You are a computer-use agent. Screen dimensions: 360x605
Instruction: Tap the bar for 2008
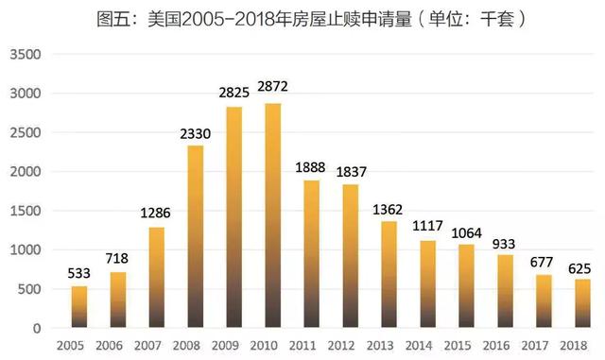[x=196, y=236]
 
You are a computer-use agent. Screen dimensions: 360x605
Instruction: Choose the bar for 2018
[x=581, y=303]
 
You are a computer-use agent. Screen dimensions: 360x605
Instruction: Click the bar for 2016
[x=504, y=291]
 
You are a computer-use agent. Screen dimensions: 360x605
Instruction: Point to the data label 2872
[x=273, y=87]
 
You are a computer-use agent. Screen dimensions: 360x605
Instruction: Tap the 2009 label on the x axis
[x=234, y=346]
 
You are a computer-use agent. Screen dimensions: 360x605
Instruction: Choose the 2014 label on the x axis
[x=427, y=346]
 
